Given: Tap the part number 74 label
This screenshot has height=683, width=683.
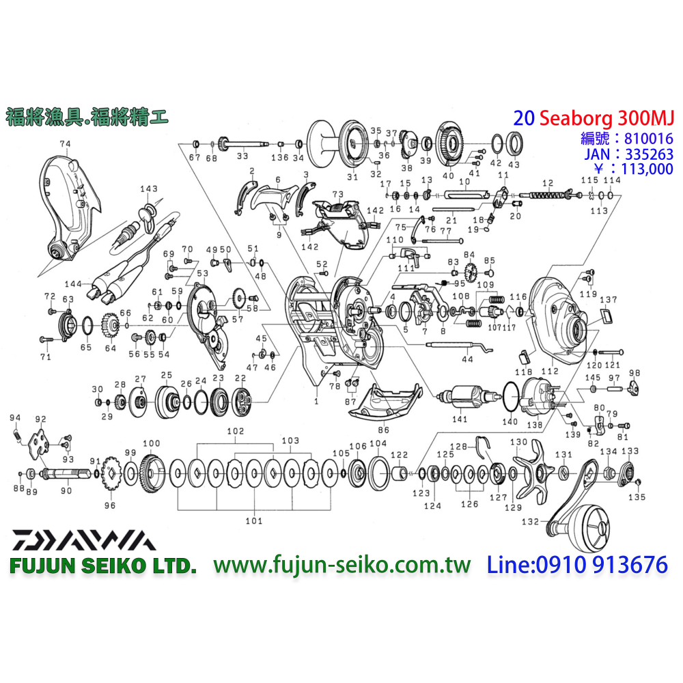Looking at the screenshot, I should tap(65, 144).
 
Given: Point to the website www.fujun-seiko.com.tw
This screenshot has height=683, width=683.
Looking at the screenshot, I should tap(342, 565).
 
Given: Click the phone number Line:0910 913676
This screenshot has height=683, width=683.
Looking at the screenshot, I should tap(576, 565).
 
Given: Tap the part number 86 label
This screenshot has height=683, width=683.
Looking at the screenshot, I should tap(383, 432).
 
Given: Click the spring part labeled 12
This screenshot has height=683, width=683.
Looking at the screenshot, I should tap(547, 196).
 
